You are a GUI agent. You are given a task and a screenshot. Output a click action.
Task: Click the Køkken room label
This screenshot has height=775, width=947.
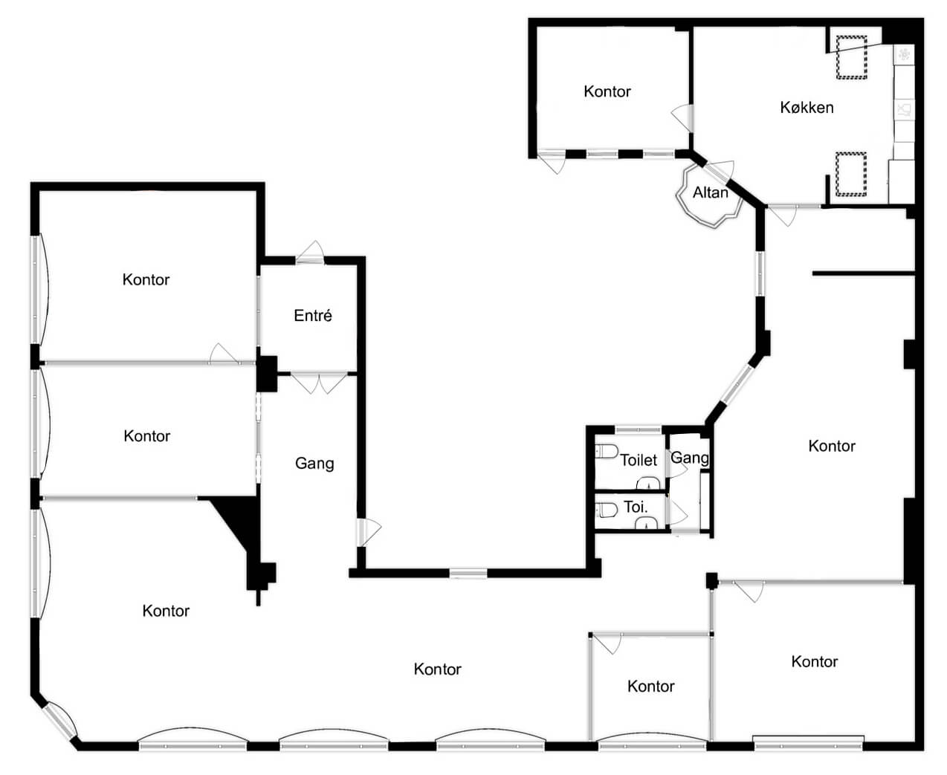tap(807, 108)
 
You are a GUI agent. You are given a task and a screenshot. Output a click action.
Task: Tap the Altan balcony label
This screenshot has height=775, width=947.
tap(710, 192)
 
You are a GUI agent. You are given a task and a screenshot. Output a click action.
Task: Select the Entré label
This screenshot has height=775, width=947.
tap(313, 316)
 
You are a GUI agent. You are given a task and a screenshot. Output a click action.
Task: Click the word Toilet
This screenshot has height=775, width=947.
tap(638, 460)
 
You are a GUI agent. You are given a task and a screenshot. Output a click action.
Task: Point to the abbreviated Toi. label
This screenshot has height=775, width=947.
tap(636, 507)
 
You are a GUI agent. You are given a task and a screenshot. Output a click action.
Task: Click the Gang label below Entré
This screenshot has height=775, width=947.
tap(314, 464)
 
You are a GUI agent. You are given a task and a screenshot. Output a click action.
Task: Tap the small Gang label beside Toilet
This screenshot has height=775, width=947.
tap(689, 458)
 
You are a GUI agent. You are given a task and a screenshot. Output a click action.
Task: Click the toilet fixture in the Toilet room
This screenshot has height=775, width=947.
tap(607, 452)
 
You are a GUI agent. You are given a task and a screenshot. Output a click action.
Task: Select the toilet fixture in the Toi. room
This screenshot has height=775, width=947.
tap(607, 510)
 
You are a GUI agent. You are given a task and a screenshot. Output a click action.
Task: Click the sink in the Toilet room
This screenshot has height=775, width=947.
tap(647, 483)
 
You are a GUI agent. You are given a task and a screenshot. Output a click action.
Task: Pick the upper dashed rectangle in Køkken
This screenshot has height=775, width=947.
tap(851, 57)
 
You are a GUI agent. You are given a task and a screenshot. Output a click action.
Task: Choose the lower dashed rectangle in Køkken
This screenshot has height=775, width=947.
tap(850, 175)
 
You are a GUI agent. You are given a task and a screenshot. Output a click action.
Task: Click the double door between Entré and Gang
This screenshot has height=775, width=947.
tap(319, 383)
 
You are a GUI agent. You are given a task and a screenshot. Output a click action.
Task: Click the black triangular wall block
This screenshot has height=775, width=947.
tap(236, 522)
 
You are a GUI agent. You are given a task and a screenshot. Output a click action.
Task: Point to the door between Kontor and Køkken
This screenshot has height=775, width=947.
tap(683, 117)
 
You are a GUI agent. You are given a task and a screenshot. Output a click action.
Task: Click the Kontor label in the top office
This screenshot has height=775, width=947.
tap(607, 92)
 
